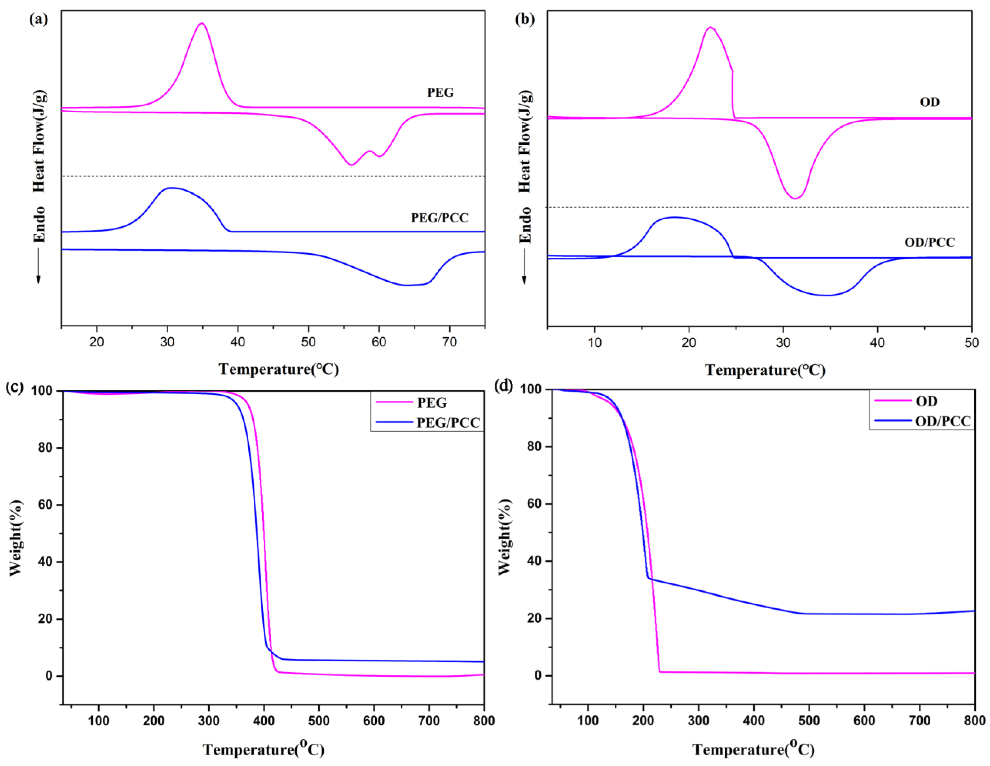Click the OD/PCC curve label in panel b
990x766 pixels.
pos(929,242)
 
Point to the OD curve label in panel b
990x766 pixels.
pos(929,102)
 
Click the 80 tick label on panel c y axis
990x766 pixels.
pos(45,448)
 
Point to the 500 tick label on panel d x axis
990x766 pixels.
pos(809,721)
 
